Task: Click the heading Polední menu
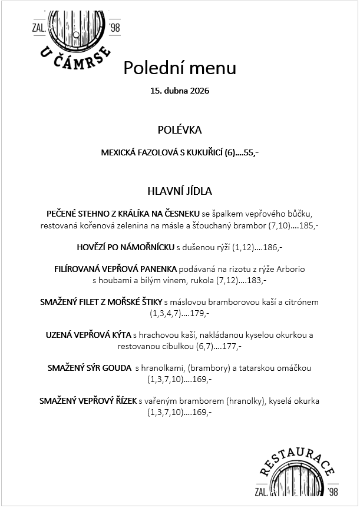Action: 180,68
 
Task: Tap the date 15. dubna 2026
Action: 180,91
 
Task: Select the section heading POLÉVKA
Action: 180,130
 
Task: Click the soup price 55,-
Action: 251,152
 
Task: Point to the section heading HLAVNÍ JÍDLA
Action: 180,191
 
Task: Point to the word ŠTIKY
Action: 149,302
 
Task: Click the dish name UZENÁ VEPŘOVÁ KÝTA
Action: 88,335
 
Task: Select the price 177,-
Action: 232,347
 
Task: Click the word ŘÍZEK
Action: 124,401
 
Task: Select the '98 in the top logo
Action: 114,26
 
